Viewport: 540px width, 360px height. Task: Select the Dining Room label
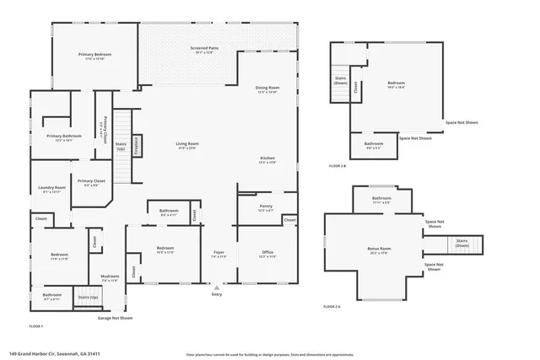point(267,89)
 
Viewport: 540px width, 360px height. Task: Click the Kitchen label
point(267,159)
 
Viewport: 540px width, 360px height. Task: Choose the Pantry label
point(267,207)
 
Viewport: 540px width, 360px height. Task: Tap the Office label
point(267,253)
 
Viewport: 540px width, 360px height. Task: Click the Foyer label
point(218,253)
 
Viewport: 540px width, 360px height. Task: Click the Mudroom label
point(110,277)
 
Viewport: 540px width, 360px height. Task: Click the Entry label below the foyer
point(217,294)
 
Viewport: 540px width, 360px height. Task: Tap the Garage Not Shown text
point(116,318)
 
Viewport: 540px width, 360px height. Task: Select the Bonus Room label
point(380,250)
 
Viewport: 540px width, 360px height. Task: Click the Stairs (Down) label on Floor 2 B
point(340,81)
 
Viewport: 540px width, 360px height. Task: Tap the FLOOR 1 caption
point(36,325)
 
